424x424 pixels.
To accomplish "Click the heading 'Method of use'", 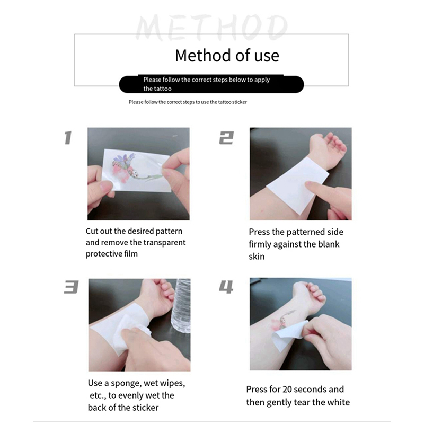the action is (x=227, y=56).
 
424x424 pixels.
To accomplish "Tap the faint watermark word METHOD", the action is (x=211, y=28).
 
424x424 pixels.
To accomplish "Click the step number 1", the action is (x=68, y=138).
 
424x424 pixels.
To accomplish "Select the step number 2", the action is (x=226, y=138).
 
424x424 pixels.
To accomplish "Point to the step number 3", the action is (x=71, y=287).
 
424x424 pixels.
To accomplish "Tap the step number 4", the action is (x=226, y=287).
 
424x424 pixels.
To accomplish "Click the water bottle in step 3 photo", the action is (x=181, y=306).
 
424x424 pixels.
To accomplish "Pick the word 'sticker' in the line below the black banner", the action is (x=239, y=102).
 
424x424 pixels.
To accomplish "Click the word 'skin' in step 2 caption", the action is (x=257, y=257).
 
